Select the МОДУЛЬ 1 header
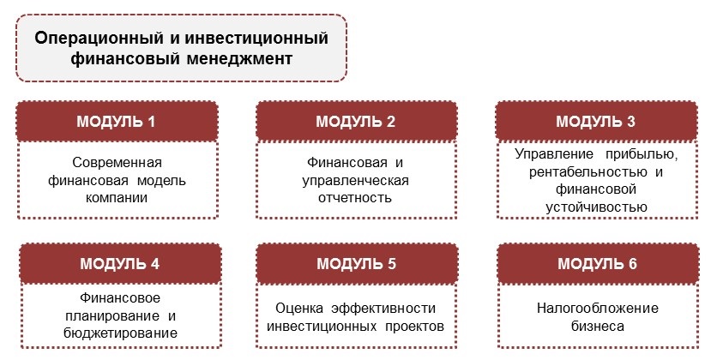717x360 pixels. pos(117,122)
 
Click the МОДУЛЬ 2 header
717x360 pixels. pos(356,122)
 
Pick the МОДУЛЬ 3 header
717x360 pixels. pos(596,122)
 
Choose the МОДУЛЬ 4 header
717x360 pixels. pos(120,264)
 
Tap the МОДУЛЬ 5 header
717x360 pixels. pos(357,264)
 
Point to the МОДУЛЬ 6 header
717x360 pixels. pos(598,264)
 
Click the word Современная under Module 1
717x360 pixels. pos(117,163)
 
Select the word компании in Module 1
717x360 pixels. pos(117,198)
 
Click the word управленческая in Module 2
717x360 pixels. pos(355,181)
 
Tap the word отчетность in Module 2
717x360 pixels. pos(355,198)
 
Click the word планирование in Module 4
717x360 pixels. pos(112,316)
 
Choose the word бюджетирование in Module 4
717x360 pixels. pos(121,333)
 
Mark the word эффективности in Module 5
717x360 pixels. pos(383,309)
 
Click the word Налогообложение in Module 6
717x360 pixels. pos(598,309)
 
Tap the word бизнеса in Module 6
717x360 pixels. pos(598,327)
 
